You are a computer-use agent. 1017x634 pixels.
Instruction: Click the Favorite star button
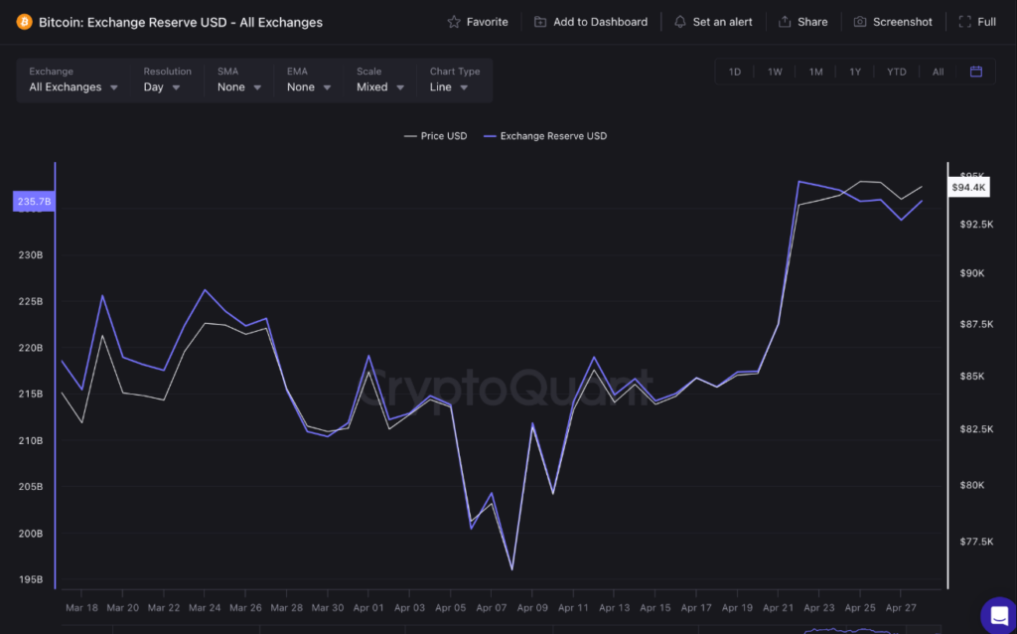(x=478, y=22)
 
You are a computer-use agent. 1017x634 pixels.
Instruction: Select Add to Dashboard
(x=591, y=22)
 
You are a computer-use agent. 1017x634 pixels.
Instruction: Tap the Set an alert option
(x=713, y=22)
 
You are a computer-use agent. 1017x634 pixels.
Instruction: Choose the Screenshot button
(x=893, y=22)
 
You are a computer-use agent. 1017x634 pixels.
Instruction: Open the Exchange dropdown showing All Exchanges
(x=73, y=87)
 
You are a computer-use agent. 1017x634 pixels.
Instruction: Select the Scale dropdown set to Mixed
(x=380, y=87)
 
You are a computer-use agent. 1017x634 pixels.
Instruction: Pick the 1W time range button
(x=775, y=72)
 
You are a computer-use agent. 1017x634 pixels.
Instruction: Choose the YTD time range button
(x=896, y=72)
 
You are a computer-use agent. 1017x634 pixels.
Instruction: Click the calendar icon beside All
(x=976, y=72)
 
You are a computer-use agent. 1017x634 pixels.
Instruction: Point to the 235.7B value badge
(x=34, y=202)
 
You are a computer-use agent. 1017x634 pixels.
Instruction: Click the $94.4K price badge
(x=968, y=187)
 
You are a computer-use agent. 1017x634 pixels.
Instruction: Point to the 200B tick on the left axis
(x=30, y=534)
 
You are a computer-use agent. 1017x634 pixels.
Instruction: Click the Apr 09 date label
(x=532, y=607)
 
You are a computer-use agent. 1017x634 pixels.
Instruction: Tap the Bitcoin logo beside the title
(x=24, y=22)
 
